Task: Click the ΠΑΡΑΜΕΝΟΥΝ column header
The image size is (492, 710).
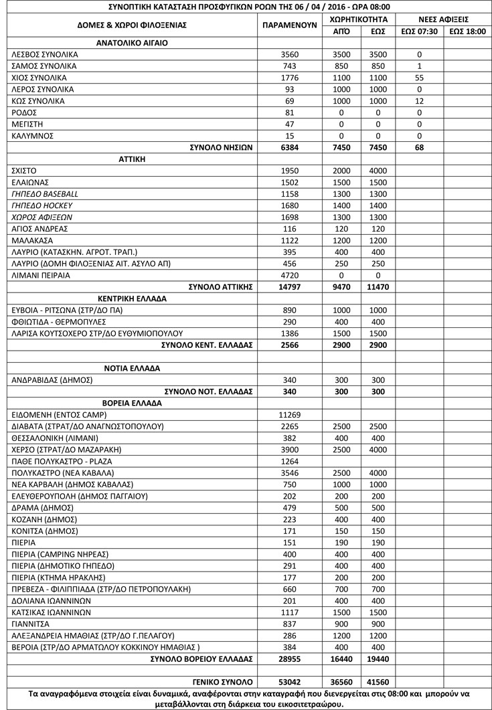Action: tap(290, 25)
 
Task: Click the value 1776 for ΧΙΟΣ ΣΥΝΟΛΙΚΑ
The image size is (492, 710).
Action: tap(290, 78)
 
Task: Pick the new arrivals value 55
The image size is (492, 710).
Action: tap(419, 78)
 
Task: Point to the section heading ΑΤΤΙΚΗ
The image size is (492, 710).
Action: tap(132, 159)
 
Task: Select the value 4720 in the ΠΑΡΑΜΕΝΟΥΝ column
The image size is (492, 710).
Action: tap(290, 275)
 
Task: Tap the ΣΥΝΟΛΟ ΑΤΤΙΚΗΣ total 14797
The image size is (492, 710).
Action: tap(290, 287)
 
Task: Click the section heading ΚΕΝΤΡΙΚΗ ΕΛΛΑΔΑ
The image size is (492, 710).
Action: tap(132, 298)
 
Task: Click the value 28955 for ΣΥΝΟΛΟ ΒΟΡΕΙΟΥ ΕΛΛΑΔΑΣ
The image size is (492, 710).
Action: tap(290, 659)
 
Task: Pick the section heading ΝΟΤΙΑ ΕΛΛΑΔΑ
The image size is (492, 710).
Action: tap(132, 368)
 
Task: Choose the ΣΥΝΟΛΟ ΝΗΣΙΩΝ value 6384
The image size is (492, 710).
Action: tap(290, 147)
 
